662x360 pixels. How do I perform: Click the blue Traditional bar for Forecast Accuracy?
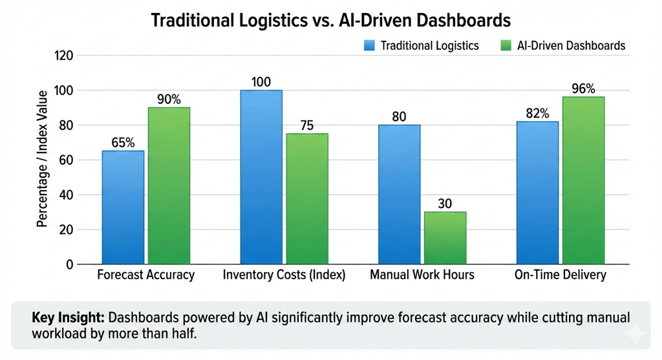coord(123,207)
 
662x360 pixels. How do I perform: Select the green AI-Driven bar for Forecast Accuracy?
coord(169,185)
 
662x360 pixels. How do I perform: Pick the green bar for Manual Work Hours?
coord(445,238)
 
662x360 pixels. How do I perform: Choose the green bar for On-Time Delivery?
coord(583,180)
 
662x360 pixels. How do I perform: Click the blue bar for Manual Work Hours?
coord(399,194)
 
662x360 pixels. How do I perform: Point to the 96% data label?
coord(583,89)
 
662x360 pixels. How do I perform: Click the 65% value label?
coord(123,142)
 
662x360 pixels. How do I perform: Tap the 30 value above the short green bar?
coord(445,204)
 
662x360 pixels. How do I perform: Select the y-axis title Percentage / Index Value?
coord(43,159)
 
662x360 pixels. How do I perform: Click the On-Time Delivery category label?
coord(561,275)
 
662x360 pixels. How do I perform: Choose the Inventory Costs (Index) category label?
coord(284,275)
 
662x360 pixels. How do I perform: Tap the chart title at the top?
coord(330,20)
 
